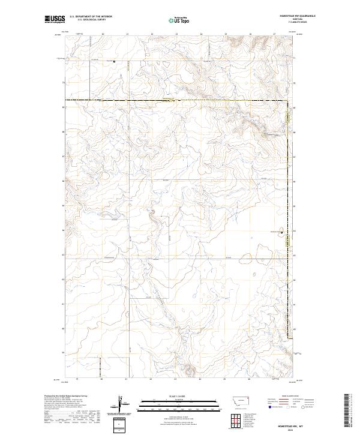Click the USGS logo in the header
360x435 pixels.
click(55, 20)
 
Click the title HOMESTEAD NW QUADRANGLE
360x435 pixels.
click(298, 16)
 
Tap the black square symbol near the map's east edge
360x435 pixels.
click(282, 231)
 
